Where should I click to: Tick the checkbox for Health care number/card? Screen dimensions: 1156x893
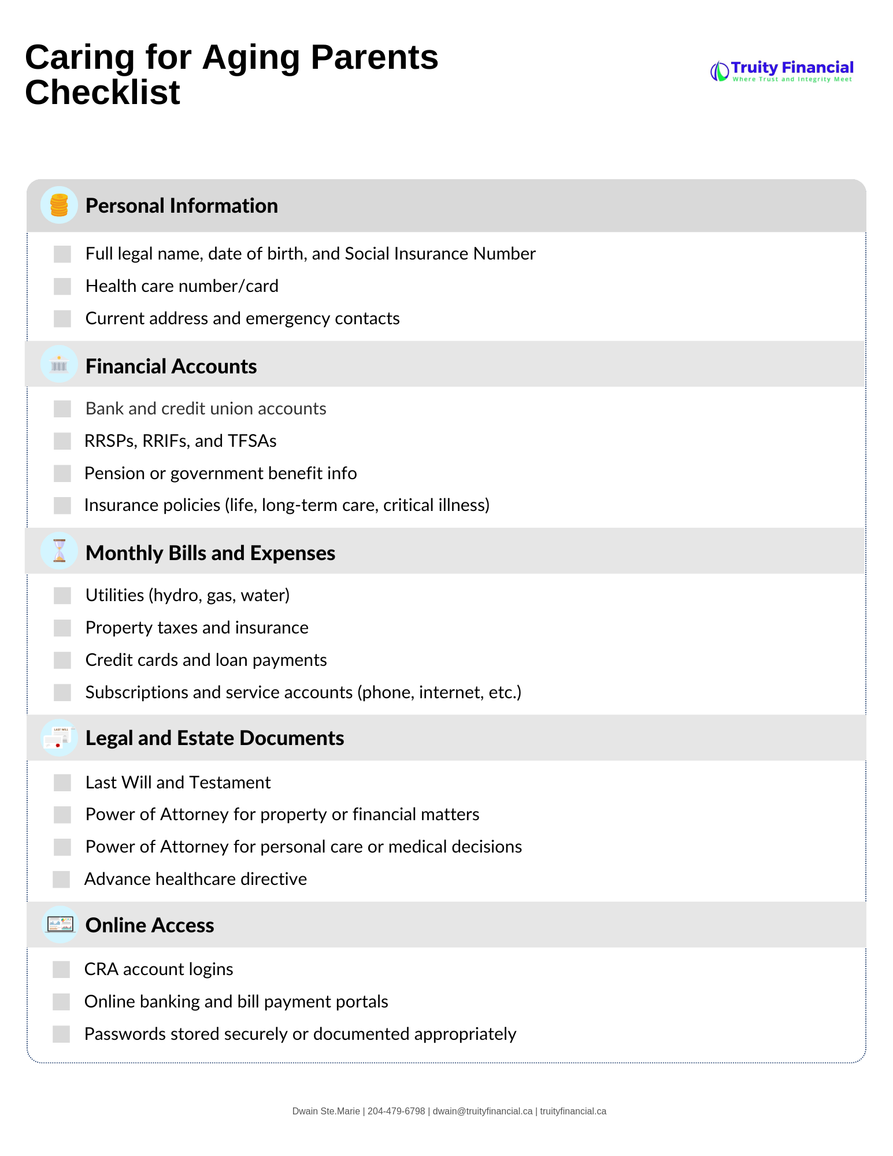(x=62, y=286)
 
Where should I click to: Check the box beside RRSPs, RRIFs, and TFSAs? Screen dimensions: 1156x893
(x=62, y=441)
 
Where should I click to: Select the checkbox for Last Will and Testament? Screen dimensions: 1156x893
(x=62, y=783)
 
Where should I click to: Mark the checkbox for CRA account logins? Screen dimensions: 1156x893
(x=61, y=969)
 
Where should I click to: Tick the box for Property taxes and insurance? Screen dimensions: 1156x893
(x=62, y=628)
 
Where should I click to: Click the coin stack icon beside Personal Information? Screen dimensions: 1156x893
(x=59, y=205)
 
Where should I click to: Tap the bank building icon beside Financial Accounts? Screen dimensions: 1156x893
(x=59, y=365)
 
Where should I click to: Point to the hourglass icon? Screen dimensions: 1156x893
(x=59, y=551)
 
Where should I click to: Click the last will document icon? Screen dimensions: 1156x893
(x=59, y=738)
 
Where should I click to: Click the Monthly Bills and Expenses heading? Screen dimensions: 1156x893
(x=210, y=553)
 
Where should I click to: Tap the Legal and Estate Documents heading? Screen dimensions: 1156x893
(x=214, y=738)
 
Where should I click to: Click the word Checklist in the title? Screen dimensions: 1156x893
(x=103, y=92)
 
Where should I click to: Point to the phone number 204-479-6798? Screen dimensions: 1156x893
(x=396, y=1111)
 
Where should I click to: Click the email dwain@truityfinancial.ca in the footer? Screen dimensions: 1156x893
(x=483, y=1111)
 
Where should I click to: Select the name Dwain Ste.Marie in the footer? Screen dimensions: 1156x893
(x=326, y=1111)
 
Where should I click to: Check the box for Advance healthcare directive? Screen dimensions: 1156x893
(x=61, y=879)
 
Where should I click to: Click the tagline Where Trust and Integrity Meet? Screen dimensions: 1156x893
(x=792, y=79)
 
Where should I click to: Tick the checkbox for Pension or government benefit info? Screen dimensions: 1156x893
(x=62, y=473)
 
